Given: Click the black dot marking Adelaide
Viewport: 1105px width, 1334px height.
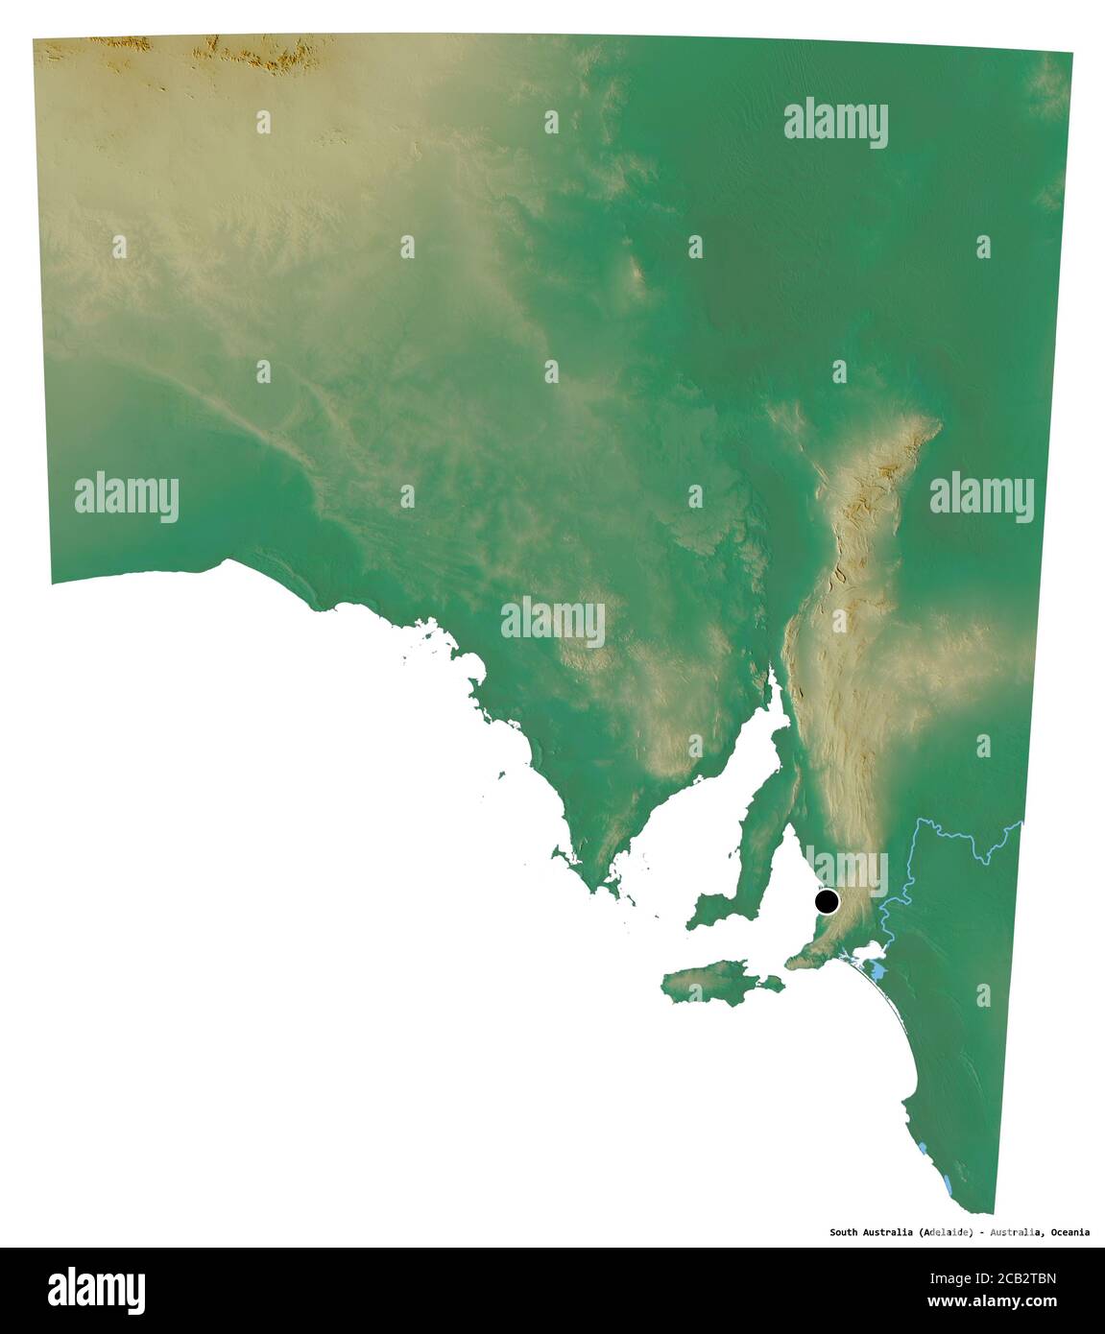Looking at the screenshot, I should pos(827,902).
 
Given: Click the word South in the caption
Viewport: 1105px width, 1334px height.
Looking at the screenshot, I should pos(845,1232).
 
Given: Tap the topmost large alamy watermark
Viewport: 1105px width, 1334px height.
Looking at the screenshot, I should pos(835,123).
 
